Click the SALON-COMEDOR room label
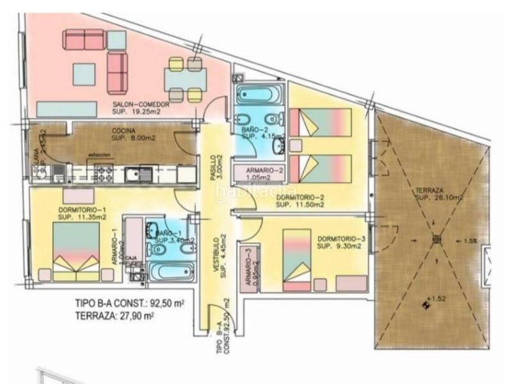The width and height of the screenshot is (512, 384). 140,106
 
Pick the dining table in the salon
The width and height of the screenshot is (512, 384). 186,80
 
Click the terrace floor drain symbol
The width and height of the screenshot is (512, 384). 437,239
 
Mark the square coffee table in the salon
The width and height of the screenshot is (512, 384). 84,74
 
